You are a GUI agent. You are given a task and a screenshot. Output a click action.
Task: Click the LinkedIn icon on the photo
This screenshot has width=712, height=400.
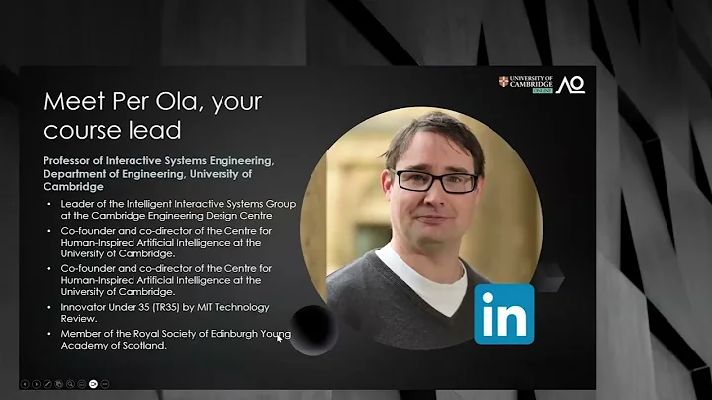503,313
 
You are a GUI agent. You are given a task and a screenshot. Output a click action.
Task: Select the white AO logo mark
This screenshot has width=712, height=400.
571,85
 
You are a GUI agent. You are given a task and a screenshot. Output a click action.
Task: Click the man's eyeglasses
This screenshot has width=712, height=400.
435,181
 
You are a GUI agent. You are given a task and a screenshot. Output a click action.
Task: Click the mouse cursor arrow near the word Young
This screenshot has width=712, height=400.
280,338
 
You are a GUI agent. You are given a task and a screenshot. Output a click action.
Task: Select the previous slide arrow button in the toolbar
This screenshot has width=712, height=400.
25,382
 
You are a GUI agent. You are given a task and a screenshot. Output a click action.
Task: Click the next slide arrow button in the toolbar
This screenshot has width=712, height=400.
37,382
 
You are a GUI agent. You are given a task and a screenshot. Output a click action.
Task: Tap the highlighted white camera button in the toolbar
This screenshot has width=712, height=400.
93,382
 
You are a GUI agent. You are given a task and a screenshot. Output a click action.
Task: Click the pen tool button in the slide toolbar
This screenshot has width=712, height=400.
47,382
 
